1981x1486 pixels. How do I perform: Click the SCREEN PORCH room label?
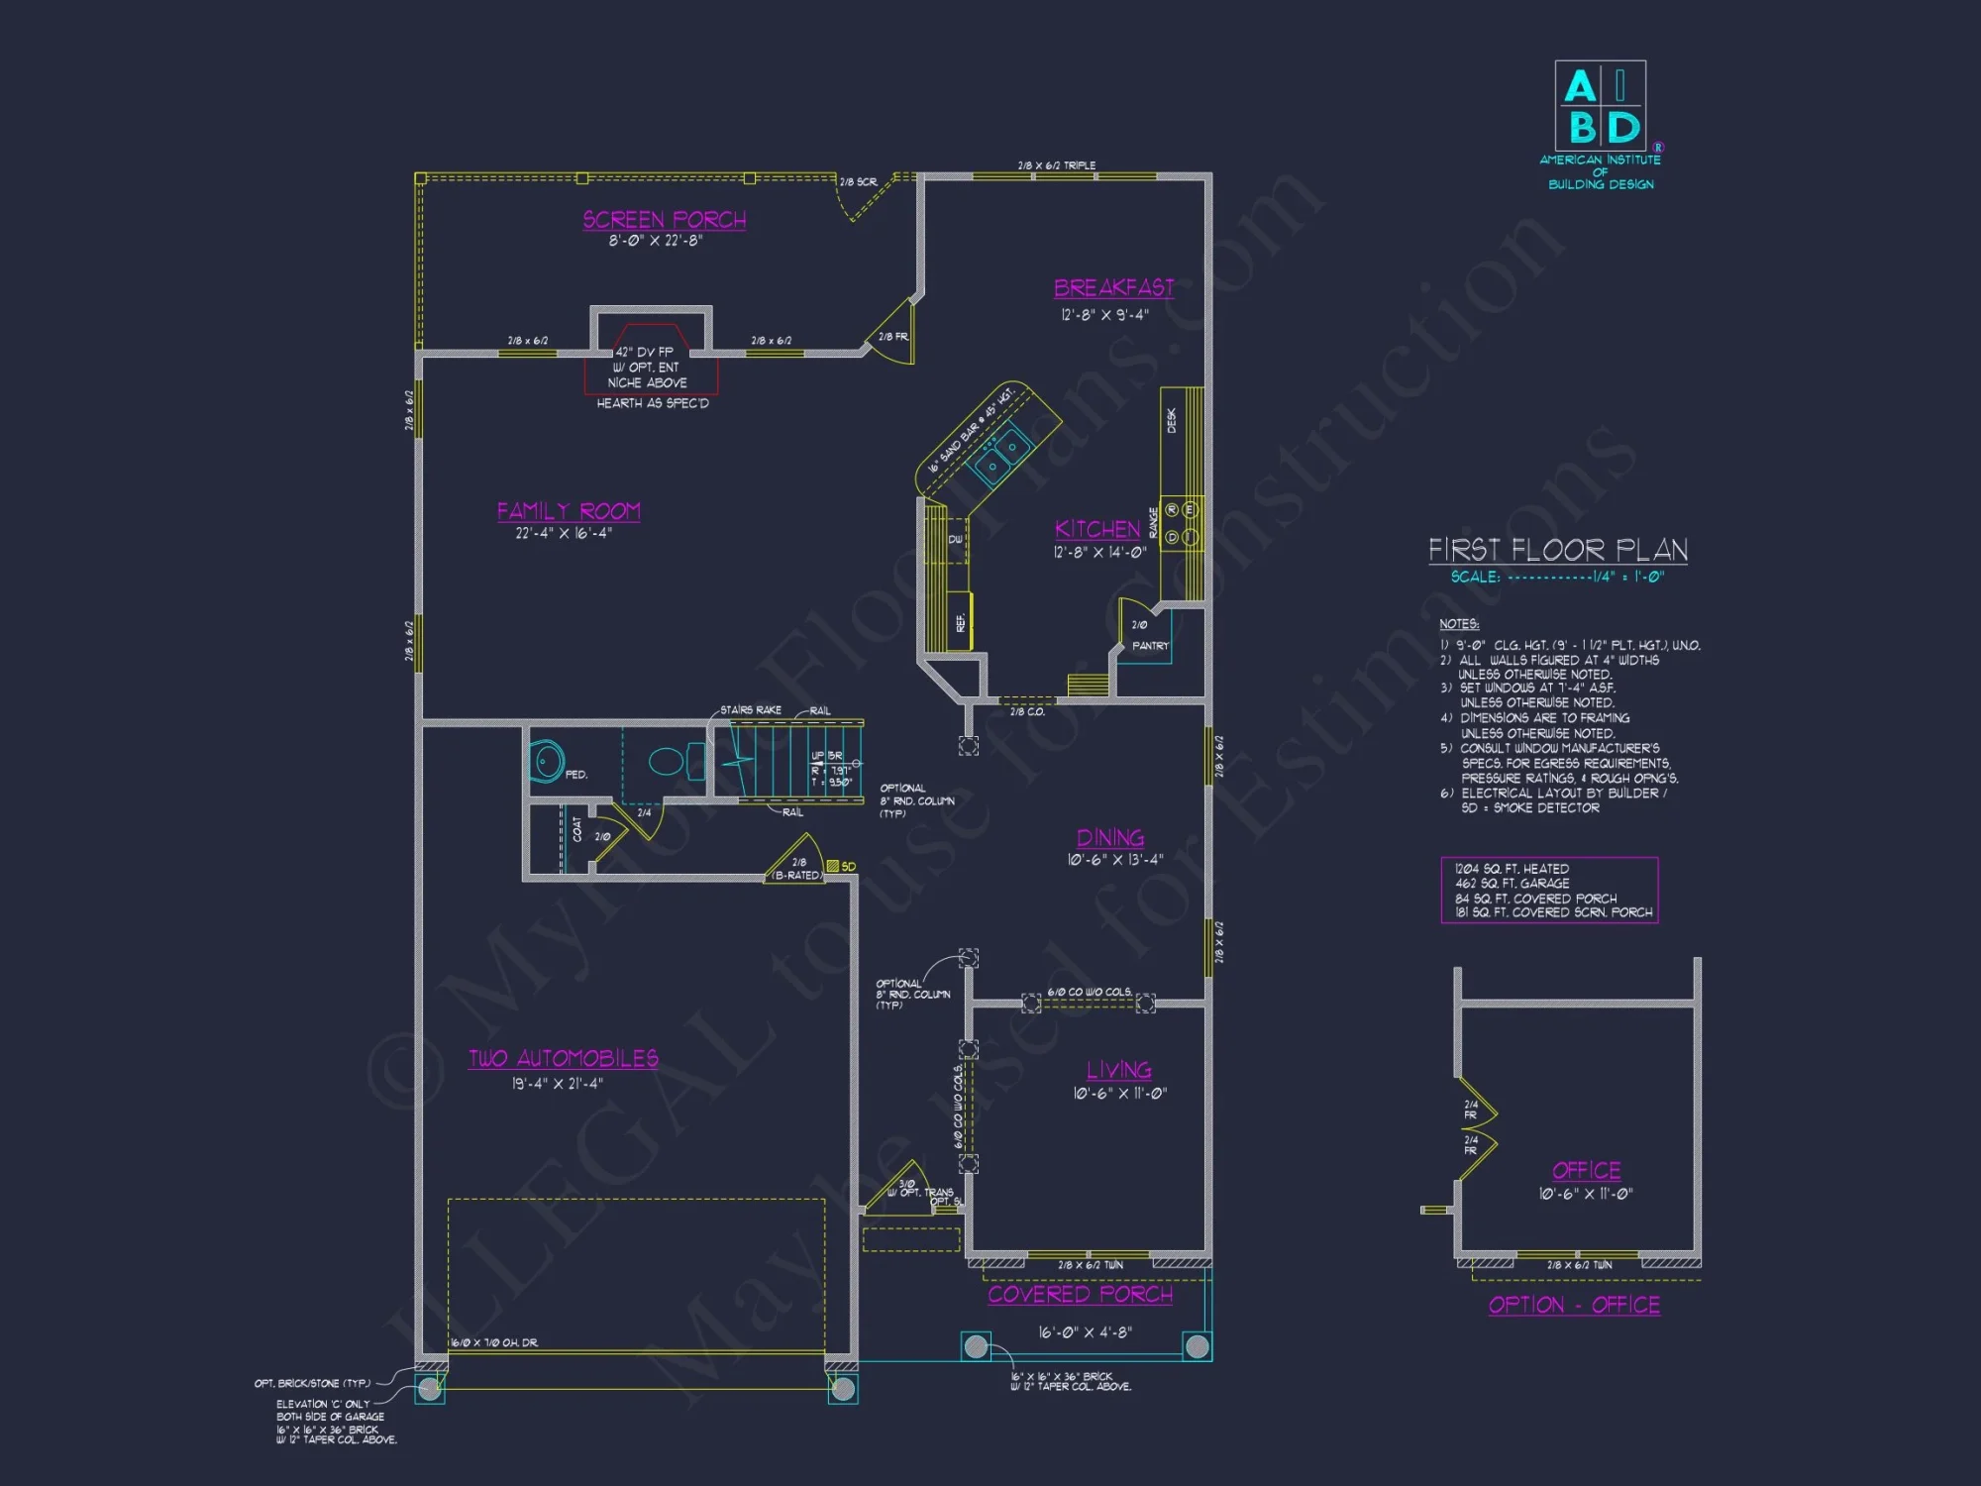pos(664,220)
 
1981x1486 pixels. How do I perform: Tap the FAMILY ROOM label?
pos(569,511)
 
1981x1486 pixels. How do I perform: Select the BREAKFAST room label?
pos(1113,288)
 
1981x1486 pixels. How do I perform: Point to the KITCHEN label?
pos(1097,529)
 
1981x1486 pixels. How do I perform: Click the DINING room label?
pos(1110,838)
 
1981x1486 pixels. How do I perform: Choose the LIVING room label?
pos(1119,1070)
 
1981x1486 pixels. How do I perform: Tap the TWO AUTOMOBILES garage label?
pos(564,1058)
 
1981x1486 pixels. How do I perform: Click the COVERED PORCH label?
pos(1080,1295)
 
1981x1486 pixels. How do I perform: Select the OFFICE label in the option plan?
pos(1586,1171)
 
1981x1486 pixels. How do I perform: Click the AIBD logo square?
pos(1601,106)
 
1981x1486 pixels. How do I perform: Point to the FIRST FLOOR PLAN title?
pos(1557,550)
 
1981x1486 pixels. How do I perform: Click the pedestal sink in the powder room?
pos(546,761)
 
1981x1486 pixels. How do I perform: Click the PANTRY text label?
pos(1150,646)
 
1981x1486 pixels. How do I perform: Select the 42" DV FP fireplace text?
pos(645,352)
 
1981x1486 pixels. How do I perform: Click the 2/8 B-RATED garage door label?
pos(797,869)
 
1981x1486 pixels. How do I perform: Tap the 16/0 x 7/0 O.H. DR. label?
pos(494,1342)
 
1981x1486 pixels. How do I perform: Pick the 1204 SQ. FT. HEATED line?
pos(1512,869)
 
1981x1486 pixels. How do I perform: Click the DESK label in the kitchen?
pos(1172,420)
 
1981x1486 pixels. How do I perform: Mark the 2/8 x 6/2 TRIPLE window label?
pos(1056,165)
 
